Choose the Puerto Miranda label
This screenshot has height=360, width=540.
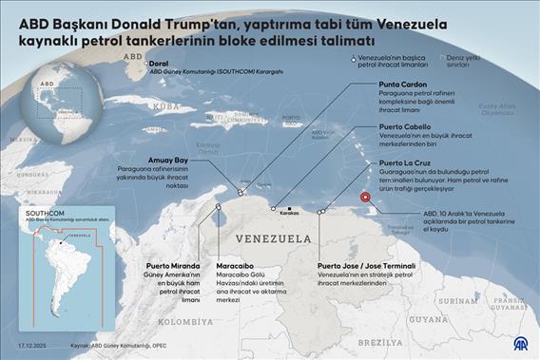pos(171,266)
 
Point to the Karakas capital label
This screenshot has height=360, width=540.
pos(292,214)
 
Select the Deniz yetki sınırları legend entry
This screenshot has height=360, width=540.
pos(483,63)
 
